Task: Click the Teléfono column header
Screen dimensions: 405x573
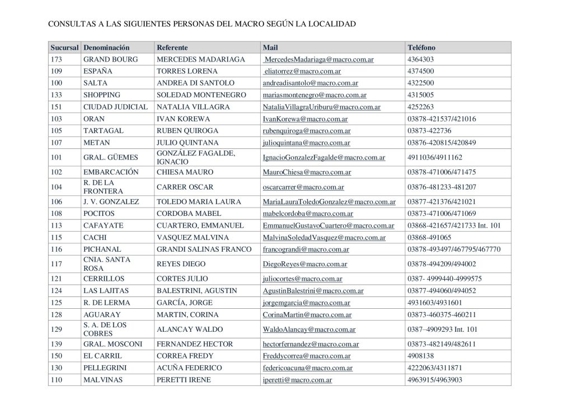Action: tap(421, 48)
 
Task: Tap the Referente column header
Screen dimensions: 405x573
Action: tap(172, 48)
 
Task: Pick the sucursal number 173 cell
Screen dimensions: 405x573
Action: tap(56, 59)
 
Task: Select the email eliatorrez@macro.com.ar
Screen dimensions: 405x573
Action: tap(303, 71)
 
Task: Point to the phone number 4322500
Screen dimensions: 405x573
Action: tap(421, 83)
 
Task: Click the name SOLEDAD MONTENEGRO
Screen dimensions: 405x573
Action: tap(201, 95)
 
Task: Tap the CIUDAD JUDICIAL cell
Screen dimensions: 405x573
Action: tap(115, 107)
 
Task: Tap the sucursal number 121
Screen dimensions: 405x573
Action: tap(56, 279)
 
